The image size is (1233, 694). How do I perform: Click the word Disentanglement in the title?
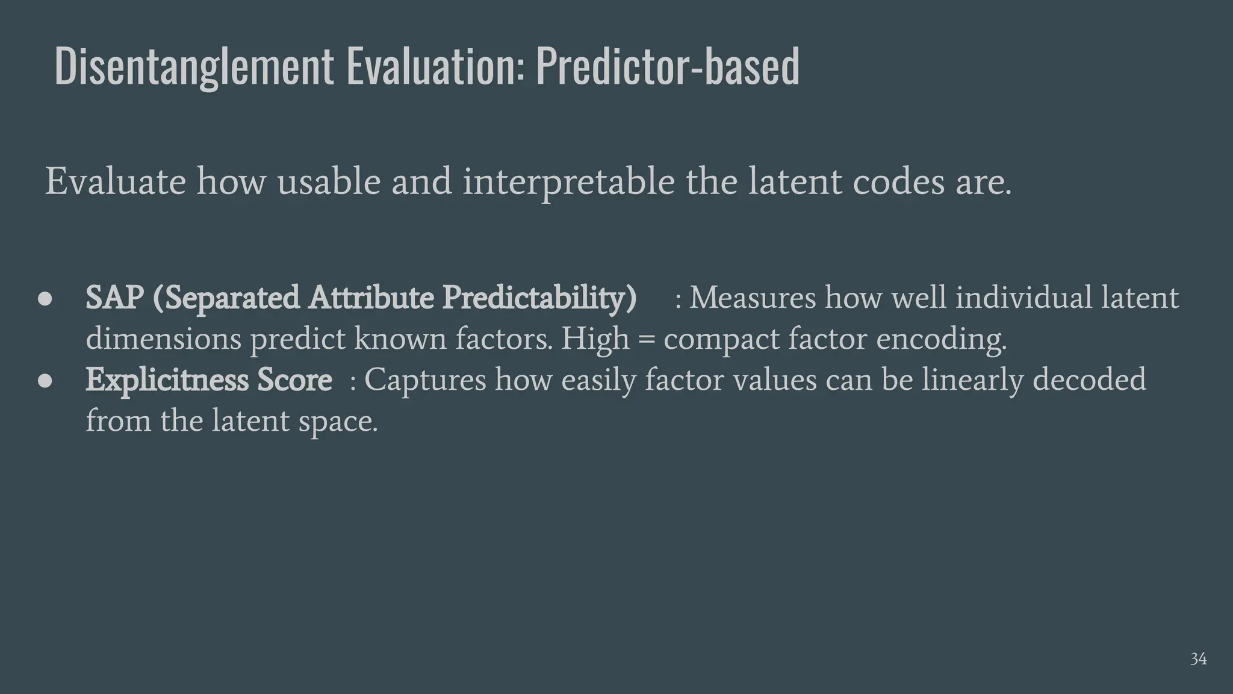[194, 66]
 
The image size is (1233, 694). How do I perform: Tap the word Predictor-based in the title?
[668, 66]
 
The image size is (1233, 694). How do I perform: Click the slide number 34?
[1198, 659]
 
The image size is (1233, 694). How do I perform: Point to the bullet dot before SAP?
[46, 299]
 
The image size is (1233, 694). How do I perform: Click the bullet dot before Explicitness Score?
[46, 381]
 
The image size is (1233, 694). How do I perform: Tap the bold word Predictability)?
[539, 298]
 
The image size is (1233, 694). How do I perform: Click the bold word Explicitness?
[167, 380]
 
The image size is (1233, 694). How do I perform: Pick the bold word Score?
[294, 380]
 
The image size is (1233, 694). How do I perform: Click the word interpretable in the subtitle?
[568, 181]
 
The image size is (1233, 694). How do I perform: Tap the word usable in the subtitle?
[329, 181]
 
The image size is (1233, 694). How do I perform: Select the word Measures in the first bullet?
[752, 298]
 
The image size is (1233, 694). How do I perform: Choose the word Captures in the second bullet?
[424, 380]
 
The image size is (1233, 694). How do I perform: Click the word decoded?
[1089, 380]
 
